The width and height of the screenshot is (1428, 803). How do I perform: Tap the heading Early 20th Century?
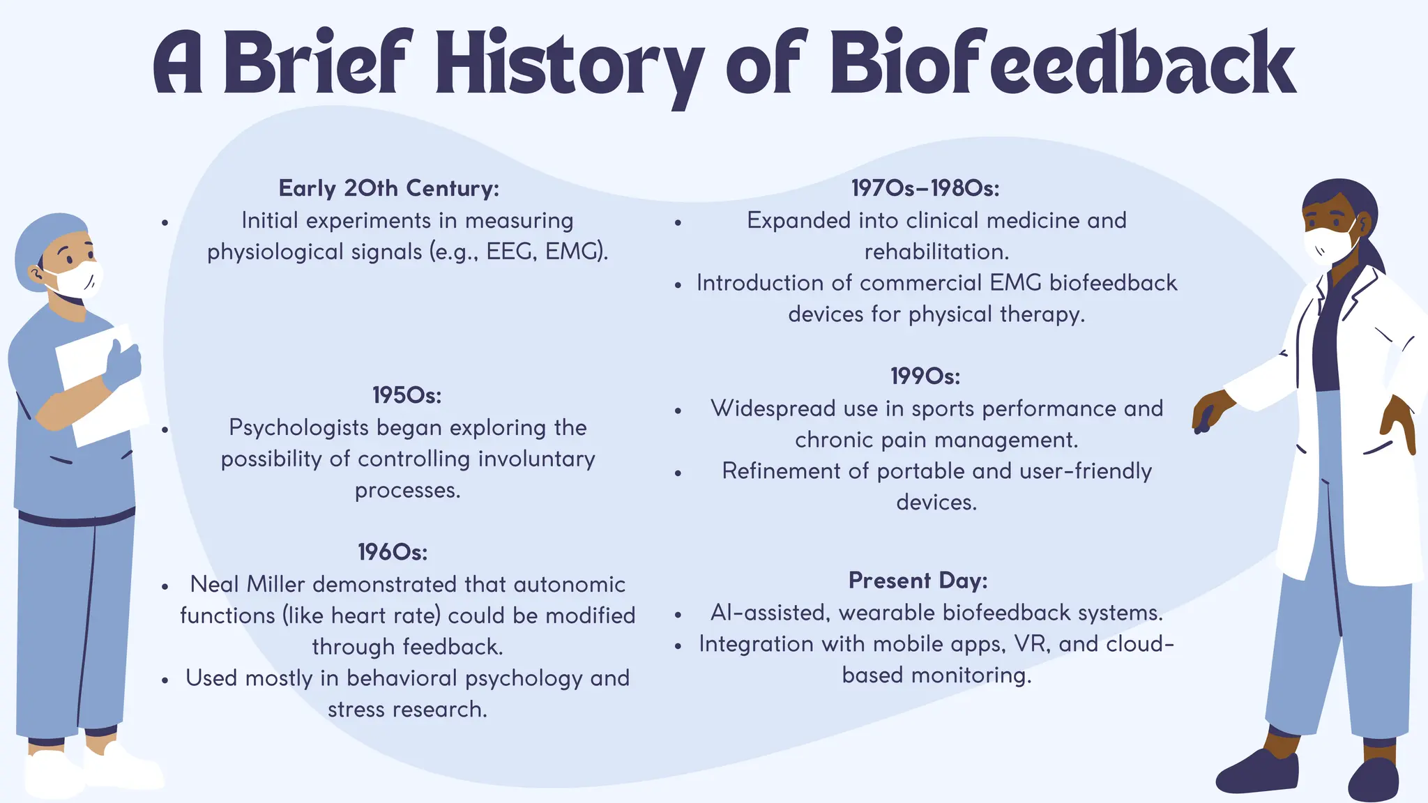coord(388,188)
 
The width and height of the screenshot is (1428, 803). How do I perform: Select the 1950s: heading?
coord(407,395)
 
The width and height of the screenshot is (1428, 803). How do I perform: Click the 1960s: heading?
coord(393,552)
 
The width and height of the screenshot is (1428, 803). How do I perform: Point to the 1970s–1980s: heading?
coord(925,188)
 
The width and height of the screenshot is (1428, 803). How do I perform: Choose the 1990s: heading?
coord(925,376)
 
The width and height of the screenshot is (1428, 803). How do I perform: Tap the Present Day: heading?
coord(918,581)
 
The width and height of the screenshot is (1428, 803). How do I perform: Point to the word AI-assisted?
coord(770,613)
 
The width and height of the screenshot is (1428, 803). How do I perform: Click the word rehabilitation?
coord(936,252)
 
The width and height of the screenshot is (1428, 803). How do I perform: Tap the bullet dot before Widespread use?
coord(678,411)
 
